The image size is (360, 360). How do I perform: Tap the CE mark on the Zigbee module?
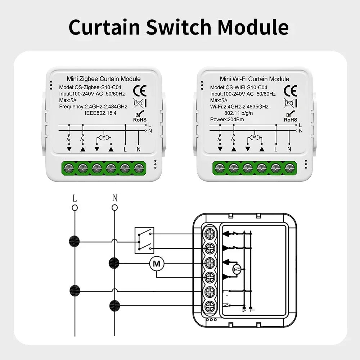click(139, 90)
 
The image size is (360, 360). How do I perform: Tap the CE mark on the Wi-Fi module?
click(290, 90)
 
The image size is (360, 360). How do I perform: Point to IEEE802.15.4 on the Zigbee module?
click(101, 113)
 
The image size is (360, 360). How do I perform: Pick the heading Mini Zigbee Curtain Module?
click(104, 79)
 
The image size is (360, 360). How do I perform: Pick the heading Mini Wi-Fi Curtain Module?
click(255, 79)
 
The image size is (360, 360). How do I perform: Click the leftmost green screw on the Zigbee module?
click(69, 167)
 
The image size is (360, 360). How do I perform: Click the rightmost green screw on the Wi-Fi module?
click(289, 167)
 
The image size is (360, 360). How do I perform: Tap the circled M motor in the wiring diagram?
click(157, 264)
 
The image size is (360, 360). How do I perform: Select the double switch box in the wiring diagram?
click(144, 240)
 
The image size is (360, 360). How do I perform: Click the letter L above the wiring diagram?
click(75, 198)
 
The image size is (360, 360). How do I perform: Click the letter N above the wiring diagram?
click(114, 198)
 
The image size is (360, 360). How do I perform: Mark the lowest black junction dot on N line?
click(114, 305)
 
